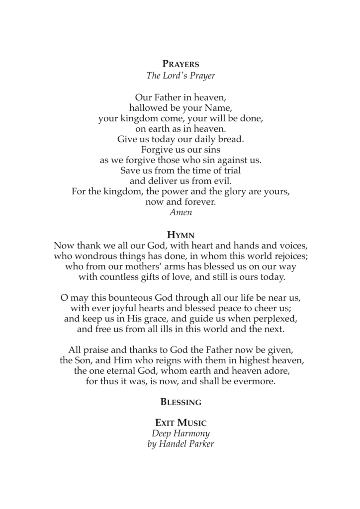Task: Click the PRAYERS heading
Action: (180, 64)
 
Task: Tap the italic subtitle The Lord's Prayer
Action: (180, 76)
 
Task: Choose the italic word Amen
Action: (180, 212)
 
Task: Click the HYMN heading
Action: (180, 235)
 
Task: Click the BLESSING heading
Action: (180, 402)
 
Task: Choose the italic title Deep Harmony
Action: (180, 434)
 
